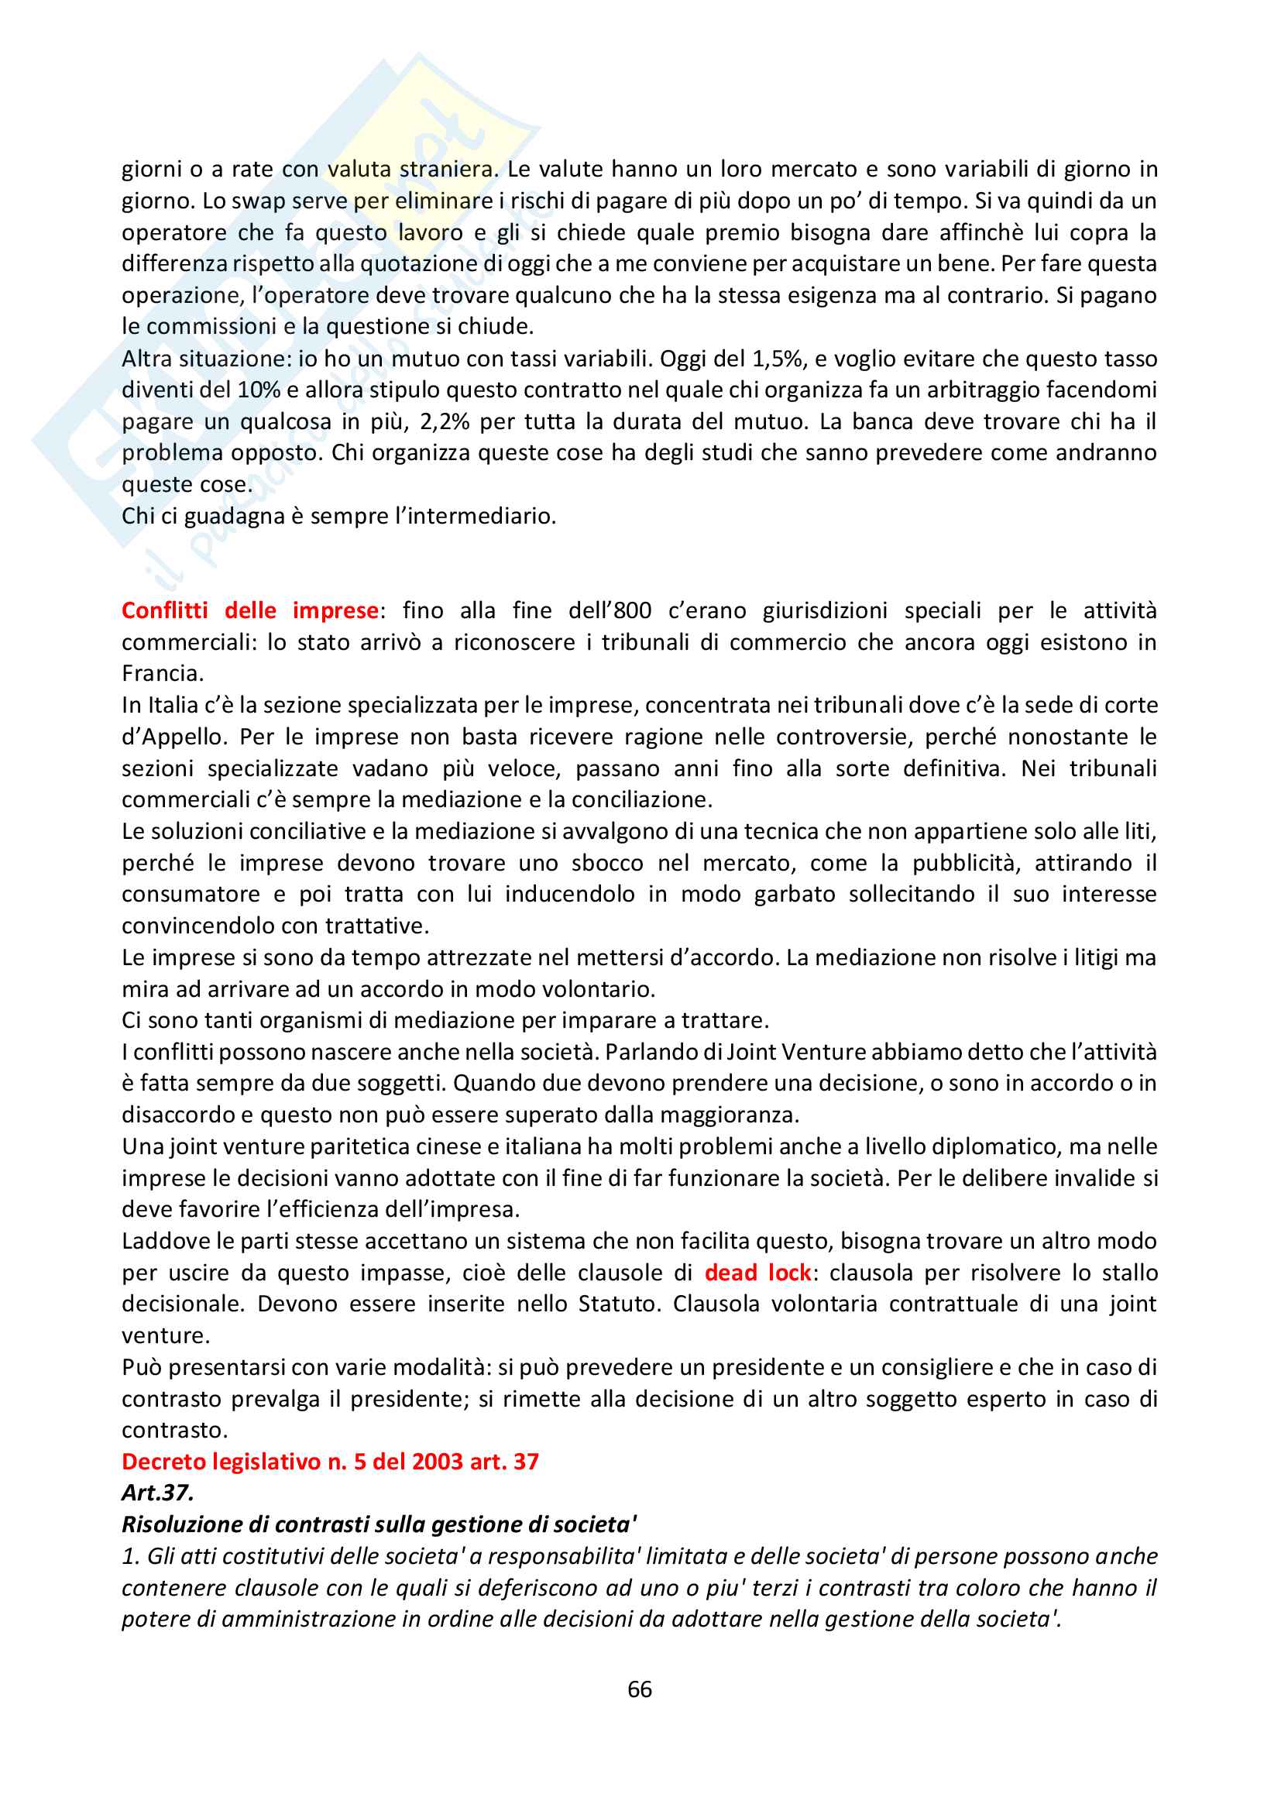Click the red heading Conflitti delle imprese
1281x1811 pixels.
[250, 610]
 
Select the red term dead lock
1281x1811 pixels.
[757, 1273]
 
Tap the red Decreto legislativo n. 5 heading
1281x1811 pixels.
[330, 1462]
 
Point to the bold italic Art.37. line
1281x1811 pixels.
[158, 1493]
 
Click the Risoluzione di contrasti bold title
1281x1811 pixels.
[379, 1524]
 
